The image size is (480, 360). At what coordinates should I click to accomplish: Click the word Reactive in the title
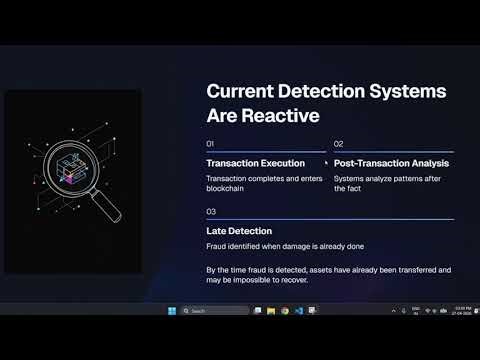coord(286,116)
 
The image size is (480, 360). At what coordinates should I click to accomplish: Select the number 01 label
coord(211,144)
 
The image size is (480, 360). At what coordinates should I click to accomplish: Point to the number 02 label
coord(338,144)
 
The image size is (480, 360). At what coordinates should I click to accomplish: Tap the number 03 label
coord(211,212)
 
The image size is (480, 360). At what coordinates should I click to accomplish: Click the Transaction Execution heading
coord(262,163)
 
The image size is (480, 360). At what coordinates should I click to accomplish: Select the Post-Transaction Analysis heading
coord(391,163)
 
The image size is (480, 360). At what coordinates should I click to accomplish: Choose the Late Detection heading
coord(239,231)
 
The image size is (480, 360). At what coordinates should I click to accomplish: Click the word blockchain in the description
coord(228,188)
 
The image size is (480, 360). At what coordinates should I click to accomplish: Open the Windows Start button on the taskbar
coord(171,311)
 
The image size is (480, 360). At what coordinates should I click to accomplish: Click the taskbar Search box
coord(214,311)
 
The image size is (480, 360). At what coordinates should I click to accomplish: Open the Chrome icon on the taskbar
coord(284,311)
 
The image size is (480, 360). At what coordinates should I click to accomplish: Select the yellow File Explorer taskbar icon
coord(270,311)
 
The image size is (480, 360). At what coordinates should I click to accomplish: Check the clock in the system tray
coord(461,311)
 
